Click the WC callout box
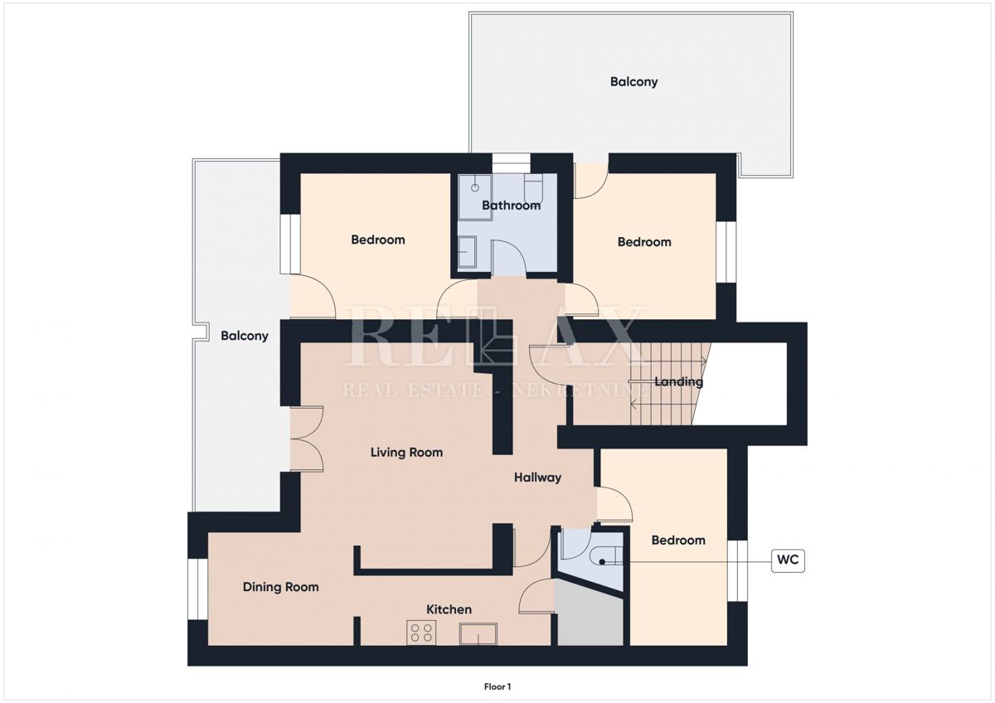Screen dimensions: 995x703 click(788, 561)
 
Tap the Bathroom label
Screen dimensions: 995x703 click(511, 205)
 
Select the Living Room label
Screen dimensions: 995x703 click(406, 453)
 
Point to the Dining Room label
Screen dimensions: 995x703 click(281, 587)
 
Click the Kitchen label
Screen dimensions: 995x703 click(449, 609)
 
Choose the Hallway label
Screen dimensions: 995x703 click(537, 478)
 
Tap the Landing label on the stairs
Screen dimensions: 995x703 click(679, 382)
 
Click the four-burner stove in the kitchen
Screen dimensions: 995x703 click(421, 633)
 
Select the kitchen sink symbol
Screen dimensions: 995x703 click(478, 633)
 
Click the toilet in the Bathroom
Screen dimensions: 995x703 click(532, 188)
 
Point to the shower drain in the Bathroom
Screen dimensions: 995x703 click(475, 187)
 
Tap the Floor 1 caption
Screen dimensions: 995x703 click(498, 686)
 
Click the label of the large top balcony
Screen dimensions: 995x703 click(633, 82)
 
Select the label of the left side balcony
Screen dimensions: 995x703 click(245, 336)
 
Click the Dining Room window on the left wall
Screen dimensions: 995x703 click(197, 589)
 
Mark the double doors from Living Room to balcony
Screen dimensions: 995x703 click(306, 439)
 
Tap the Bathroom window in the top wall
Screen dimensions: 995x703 click(512, 163)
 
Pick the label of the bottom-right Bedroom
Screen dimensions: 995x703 click(678, 541)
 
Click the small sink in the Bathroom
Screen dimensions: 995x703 click(467, 253)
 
